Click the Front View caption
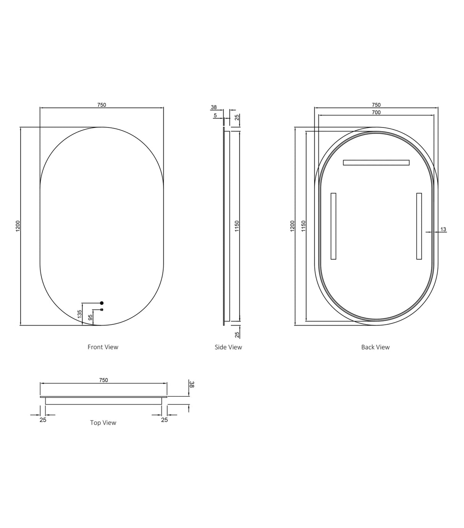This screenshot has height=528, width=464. [x=103, y=347]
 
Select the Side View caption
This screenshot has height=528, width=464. [x=228, y=347]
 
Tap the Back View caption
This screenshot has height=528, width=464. [x=375, y=347]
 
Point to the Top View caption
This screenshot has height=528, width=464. [x=103, y=422]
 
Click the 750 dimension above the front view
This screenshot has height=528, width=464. [x=102, y=105]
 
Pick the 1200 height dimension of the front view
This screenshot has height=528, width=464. [x=18, y=226]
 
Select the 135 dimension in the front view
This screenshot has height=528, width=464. [x=80, y=314]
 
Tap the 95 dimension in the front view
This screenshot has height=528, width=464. [x=91, y=318]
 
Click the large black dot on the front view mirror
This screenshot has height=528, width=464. [x=102, y=303]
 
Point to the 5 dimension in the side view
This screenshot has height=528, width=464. [x=215, y=115]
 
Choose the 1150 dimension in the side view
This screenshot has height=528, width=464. [x=237, y=226]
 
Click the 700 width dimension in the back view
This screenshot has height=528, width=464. [x=376, y=112]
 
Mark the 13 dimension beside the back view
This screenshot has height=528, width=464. [x=443, y=230]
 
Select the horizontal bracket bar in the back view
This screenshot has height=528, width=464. [x=376, y=163]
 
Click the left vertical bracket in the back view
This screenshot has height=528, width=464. [x=333, y=226]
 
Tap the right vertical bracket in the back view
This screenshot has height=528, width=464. [x=419, y=226]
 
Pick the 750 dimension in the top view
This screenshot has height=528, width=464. [x=104, y=380]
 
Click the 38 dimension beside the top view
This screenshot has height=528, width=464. [x=192, y=385]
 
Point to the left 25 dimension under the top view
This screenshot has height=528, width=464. [x=43, y=420]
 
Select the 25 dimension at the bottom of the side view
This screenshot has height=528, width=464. [x=237, y=334]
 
